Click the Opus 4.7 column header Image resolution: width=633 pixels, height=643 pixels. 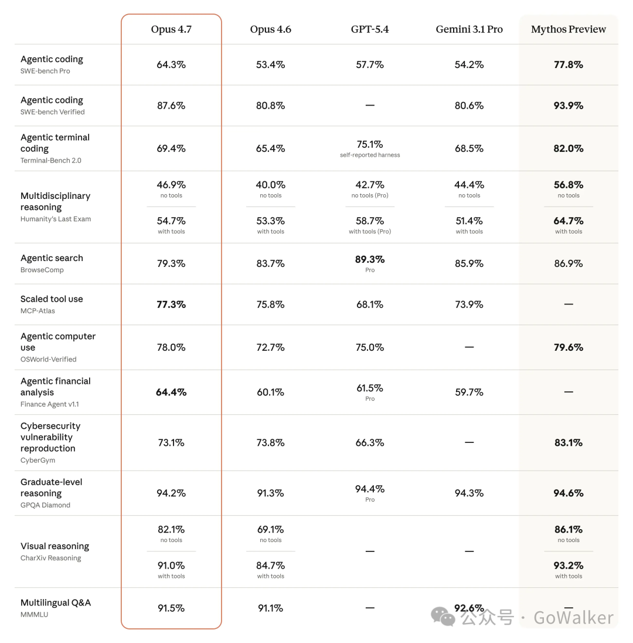click(x=171, y=29)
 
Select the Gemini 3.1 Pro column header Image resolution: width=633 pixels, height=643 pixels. click(x=469, y=29)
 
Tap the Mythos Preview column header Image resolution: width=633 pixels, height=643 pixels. click(x=569, y=29)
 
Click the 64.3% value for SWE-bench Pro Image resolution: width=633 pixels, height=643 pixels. click(x=171, y=65)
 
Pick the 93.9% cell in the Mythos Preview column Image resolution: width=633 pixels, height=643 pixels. click(x=569, y=106)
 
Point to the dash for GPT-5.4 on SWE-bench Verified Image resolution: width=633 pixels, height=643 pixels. click(x=370, y=106)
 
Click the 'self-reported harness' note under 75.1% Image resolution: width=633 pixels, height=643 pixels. click(x=370, y=155)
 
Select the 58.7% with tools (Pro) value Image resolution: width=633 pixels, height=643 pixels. click(x=370, y=221)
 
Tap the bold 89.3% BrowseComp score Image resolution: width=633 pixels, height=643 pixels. click(x=370, y=259)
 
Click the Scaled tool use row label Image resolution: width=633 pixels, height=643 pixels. click(x=52, y=299)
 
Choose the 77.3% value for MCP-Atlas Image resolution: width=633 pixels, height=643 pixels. click(x=171, y=304)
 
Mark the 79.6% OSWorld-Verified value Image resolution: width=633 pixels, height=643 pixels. click(x=569, y=348)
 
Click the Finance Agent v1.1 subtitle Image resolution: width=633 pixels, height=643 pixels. click(x=50, y=404)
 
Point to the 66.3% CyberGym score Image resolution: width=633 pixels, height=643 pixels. click(x=370, y=443)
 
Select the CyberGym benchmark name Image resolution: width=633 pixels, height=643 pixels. click(x=38, y=461)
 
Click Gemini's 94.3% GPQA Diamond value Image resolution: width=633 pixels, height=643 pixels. click(x=469, y=493)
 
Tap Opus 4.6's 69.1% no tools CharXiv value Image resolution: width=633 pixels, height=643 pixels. click(x=270, y=530)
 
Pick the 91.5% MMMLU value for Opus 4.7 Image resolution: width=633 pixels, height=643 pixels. click(x=171, y=608)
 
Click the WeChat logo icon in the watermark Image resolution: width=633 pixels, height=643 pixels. click(x=443, y=617)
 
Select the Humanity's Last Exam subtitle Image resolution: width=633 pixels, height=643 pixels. click(x=56, y=219)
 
